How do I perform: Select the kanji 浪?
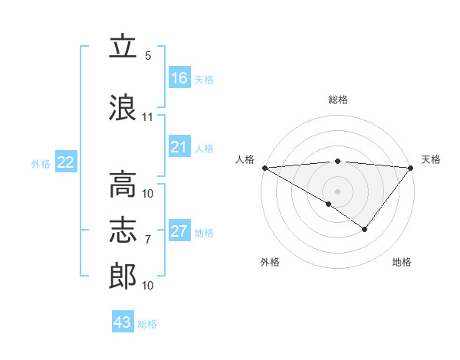coord(123,106)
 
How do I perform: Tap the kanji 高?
coord(123,184)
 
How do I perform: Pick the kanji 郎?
coord(123,277)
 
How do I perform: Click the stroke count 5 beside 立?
coord(148,55)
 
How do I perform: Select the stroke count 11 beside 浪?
coord(148,117)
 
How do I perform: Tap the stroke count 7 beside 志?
coord(148,240)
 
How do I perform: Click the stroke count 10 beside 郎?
coord(148,286)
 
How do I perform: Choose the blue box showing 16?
coord(179,78)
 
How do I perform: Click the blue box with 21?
coord(179,147)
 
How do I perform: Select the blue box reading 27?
coord(179,231)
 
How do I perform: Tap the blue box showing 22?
coord(66,162)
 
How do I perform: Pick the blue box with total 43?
coord(123,322)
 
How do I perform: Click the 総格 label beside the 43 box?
coord(147,324)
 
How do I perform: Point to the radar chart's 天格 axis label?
coord(431,159)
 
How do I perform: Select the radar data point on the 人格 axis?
coord(264,168)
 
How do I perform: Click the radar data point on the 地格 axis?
coord(365,229)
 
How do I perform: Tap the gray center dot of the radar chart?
coord(337,191)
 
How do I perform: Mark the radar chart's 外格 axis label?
coord(270,262)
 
